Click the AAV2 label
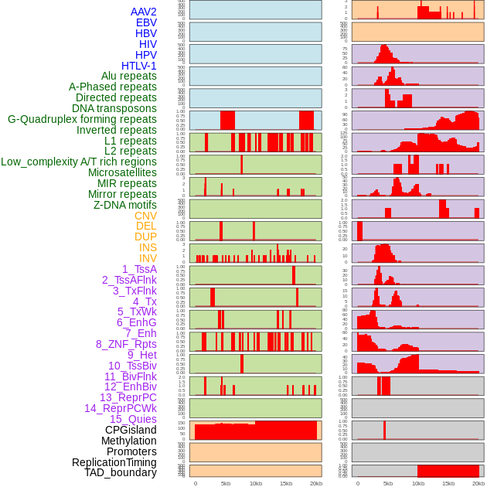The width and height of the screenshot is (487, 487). coord(143,12)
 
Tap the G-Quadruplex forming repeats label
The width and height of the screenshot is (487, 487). coord(82,120)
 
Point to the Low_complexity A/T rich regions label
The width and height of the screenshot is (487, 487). coord(79,162)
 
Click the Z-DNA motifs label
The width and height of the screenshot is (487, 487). coord(125,205)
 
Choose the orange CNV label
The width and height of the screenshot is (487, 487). coord(145,216)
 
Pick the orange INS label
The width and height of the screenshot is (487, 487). coord(148,247)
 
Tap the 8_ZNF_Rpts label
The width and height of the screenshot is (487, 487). coord(126,344)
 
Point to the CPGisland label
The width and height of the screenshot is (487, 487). coord(131,430)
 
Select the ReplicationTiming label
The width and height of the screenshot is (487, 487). coord(114,462)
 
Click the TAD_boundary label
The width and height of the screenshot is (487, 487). coord(120,472)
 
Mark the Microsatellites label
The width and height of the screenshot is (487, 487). coord(122,172)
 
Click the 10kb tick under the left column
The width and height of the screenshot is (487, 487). coord(255,483)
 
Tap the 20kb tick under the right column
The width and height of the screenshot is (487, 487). coord(478,483)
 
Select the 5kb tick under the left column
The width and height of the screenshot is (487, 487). coord(225,483)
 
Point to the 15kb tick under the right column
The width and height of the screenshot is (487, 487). coord(448,483)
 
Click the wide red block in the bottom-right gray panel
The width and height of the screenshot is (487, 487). coord(448,471)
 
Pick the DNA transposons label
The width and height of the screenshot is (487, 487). coord(114,109)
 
